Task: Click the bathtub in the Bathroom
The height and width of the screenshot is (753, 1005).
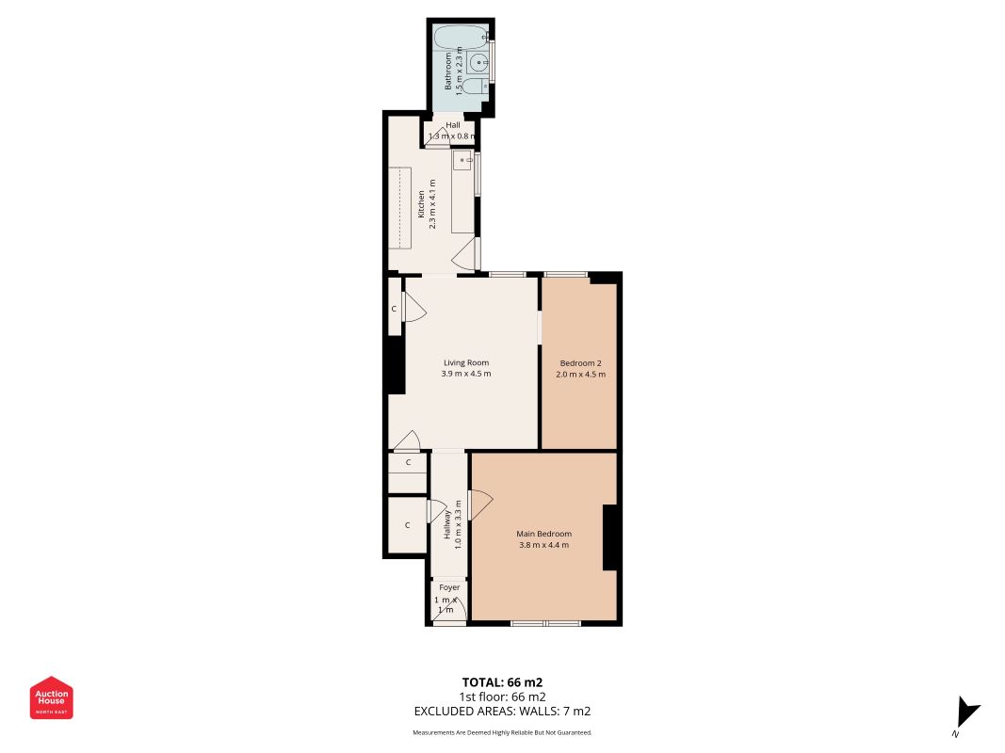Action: click(x=461, y=38)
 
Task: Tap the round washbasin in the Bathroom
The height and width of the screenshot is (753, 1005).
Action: click(x=478, y=63)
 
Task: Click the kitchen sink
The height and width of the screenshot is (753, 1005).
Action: click(x=462, y=160)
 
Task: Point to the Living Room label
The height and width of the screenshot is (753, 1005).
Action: click(x=466, y=362)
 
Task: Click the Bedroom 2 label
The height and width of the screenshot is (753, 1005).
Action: click(x=581, y=363)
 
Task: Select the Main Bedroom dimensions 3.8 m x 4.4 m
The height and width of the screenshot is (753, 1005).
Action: click(x=543, y=545)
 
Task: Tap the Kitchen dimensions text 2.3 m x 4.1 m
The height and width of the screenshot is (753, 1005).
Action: click(x=432, y=204)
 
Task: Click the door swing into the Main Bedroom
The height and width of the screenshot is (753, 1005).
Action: click(x=480, y=505)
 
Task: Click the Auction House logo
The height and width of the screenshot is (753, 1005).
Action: click(x=51, y=697)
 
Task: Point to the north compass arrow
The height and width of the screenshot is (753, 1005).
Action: click(x=967, y=713)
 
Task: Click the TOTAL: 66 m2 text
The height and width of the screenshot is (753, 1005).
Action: click(x=503, y=682)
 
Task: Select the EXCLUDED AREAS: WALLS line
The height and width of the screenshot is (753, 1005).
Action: click(x=503, y=711)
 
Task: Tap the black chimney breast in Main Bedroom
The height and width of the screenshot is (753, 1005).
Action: click(x=610, y=537)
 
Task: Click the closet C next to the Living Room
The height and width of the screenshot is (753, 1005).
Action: click(x=394, y=308)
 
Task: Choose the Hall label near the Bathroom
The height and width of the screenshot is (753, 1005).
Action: click(x=453, y=125)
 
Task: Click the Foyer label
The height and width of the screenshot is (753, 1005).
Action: click(x=449, y=587)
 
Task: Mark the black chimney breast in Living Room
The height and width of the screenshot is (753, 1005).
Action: click(x=396, y=365)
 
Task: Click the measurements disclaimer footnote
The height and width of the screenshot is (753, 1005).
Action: click(x=503, y=732)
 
